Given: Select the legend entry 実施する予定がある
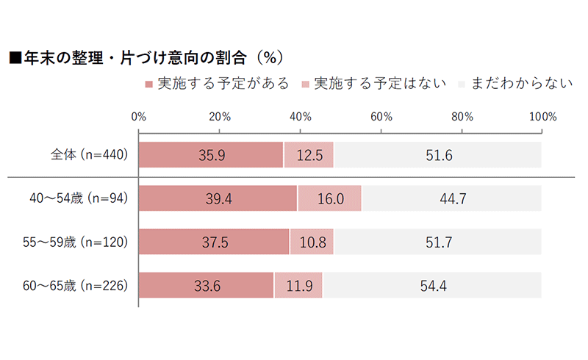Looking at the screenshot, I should [x=218, y=83].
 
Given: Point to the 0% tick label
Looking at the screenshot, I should [x=138, y=116].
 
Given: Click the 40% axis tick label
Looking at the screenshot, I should [x=300, y=116].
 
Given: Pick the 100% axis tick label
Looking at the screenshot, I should [x=542, y=116].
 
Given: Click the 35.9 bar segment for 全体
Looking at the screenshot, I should [x=211, y=155].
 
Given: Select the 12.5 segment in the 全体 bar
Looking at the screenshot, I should [x=309, y=155].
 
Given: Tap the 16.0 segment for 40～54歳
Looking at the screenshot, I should [x=329, y=198].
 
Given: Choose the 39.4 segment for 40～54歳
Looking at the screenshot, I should [x=218, y=198].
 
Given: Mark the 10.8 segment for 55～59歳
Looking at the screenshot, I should [x=312, y=242].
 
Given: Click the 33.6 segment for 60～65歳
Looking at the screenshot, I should [x=206, y=284].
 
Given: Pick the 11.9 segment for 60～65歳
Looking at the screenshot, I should [x=298, y=284].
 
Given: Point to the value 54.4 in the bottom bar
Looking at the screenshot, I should [x=432, y=284].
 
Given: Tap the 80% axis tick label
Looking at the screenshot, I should [x=462, y=116].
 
